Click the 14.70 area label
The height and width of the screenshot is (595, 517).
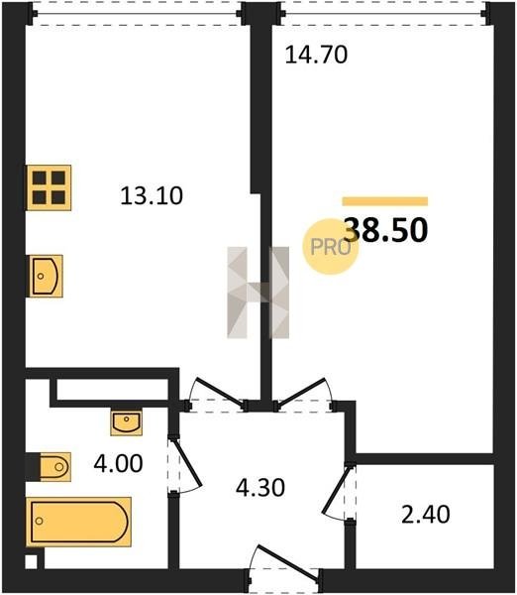[316, 55]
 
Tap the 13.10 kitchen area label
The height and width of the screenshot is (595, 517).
[152, 196]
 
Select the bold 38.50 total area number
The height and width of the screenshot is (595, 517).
[386, 230]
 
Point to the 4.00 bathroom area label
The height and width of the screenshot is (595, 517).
[118, 463]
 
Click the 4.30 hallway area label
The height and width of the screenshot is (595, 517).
[260, 488]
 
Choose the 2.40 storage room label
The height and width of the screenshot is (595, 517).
[426, 515]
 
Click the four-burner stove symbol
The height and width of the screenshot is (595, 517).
[49, 187]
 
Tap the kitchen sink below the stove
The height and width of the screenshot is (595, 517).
[46, 276]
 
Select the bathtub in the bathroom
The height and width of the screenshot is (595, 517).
[78, 522]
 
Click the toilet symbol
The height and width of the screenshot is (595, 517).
[54, 466]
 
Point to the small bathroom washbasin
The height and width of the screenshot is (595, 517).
[127, 422]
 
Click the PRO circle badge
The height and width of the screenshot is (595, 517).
[330, 247]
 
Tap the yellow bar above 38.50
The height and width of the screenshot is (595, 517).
[385, 201]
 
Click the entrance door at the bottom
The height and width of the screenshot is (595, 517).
[287, 562]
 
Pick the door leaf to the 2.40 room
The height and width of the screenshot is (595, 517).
[335, 489]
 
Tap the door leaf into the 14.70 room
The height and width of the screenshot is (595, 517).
[302, 391]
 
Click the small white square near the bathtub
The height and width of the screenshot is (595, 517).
[31, 562]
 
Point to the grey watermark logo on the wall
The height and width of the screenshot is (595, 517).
[258, 293]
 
